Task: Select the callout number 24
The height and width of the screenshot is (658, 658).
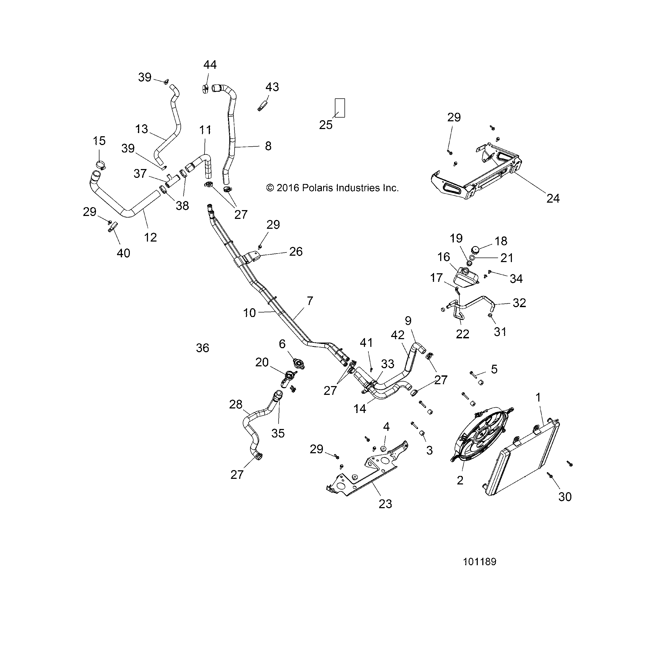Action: coord(553,198)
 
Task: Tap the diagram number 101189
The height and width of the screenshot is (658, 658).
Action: coord(480,561)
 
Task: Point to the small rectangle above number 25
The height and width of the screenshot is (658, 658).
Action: coord(340,108)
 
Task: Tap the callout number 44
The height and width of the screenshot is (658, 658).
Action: coord(210,65)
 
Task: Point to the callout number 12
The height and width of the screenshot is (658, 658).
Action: coord(150,237)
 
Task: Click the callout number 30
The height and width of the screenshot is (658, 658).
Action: coord(565,497)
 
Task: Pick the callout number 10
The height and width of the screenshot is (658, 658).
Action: coord(249,313)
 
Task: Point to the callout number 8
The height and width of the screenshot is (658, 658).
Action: coord(268,146)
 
